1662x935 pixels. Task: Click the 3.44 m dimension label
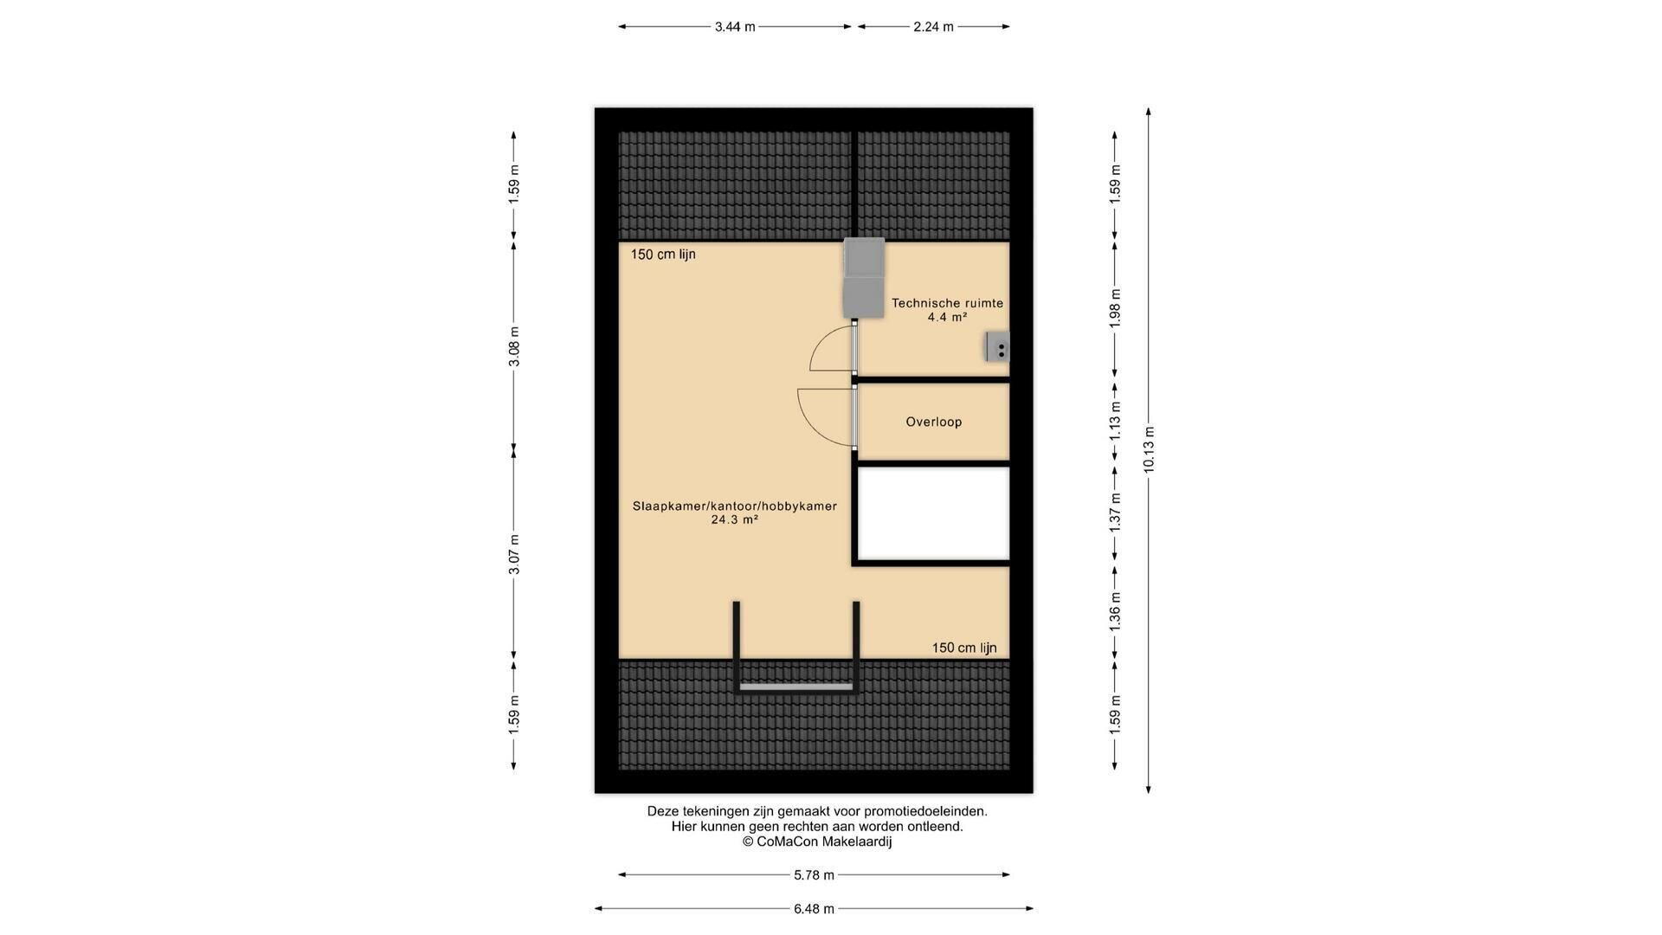click(x=735, y=27)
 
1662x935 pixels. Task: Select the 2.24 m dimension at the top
click(x=933, y=27)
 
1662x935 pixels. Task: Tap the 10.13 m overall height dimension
click(x=1149, y=450)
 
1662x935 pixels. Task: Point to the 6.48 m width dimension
click(x=814, y=909)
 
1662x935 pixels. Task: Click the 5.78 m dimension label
click(x=814, y=875)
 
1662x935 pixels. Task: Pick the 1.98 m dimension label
click(x=1115, y=307)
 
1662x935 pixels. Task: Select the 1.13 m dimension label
click(x=1115, y=421)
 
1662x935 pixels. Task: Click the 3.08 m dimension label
click(x=514, y=346)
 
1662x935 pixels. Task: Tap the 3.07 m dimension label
click(x=514, y=555)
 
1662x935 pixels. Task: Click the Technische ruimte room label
click(x=947, y=303)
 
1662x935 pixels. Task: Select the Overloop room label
click(x=934, y=422)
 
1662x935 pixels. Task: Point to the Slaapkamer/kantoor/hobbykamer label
click(x=735, y=506)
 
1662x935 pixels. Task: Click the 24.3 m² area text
click(x=735, y=520)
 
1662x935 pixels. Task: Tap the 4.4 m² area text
click(x=947, y=318)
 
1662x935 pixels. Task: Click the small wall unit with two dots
click(x=997, y=347)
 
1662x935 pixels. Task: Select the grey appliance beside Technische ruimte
click(x=864, y=277)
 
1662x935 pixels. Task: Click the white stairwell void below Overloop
click(x=933, y=514)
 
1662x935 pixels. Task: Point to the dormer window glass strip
click(x=796, y=687)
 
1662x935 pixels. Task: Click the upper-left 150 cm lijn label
click(x=663, y=255)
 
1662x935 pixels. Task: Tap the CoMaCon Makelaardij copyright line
click(x=817, y=841)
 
